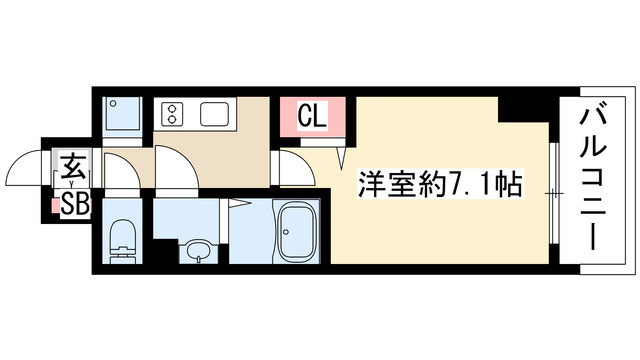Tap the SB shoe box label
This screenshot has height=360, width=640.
[75, 205]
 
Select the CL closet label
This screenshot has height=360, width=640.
[312, 117]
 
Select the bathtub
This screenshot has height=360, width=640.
[297, 234]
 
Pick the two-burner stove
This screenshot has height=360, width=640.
[171, 113]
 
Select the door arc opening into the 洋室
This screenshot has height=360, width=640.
[297, 165]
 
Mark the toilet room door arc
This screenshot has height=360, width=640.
[122, 174]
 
